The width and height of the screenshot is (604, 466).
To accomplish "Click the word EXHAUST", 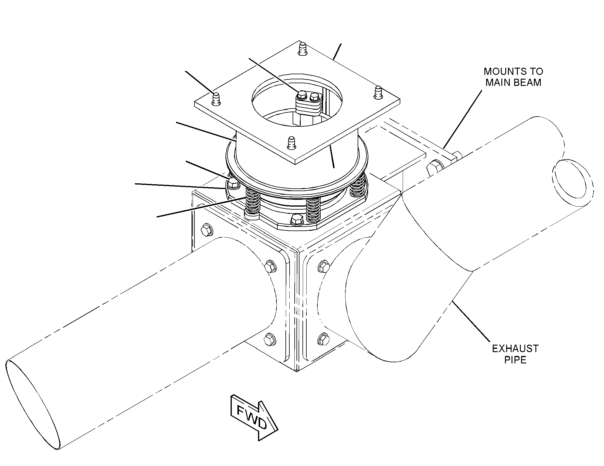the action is tap(515, 349).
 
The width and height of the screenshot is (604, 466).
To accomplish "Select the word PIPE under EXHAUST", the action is tap(515, 360).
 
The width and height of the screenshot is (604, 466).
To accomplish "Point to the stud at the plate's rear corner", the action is tap(302, 48).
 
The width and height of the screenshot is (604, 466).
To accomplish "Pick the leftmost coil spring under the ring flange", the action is tap(252, 206).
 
